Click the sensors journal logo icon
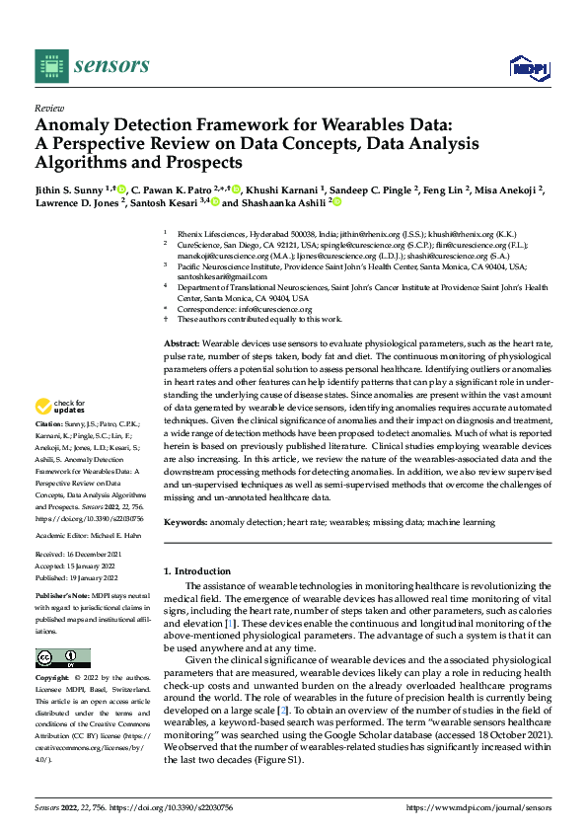[50, 65]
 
